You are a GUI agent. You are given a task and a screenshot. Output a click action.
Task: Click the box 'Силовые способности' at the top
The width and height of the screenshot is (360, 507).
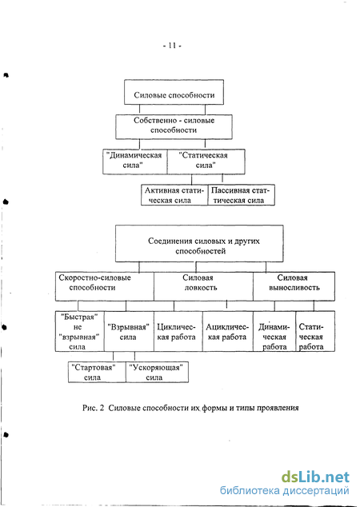point(174,92)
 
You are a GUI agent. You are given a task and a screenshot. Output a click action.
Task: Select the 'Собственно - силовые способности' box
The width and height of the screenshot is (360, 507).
point(174,126)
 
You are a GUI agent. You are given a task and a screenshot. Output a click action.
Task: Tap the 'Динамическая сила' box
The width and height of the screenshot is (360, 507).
point(135,162)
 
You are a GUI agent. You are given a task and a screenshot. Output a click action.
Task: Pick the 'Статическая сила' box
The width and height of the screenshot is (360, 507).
point(206,162)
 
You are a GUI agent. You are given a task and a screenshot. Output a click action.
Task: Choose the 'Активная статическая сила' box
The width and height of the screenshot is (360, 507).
point(174,195)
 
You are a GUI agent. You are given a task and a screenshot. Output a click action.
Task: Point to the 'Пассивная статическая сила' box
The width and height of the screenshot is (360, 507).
point(241,195)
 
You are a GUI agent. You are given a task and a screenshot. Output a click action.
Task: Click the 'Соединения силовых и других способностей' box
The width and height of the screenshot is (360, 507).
point(199,243)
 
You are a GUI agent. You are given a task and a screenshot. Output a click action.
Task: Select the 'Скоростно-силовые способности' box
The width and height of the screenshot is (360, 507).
point(105,286)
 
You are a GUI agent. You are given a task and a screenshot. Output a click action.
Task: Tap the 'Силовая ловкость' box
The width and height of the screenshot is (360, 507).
point(203,286)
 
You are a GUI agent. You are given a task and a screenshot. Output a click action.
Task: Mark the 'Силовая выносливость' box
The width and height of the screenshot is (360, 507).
point(294,286)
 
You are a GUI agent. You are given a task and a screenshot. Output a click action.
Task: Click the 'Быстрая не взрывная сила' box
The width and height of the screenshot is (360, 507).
point(79,331)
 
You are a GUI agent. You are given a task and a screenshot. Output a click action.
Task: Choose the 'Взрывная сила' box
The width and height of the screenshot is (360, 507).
point(129,331)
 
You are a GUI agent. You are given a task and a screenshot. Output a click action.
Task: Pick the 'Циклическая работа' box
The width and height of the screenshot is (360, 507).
point(178,331)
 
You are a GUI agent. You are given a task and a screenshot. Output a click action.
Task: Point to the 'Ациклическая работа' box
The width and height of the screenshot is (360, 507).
point(228,331)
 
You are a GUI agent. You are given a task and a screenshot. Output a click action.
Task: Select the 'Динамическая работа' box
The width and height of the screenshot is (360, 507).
point(274,331)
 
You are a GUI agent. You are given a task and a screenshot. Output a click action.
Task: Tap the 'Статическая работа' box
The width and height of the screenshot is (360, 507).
point(315,331)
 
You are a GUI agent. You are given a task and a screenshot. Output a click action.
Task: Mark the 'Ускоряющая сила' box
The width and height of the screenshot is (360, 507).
point(157,372)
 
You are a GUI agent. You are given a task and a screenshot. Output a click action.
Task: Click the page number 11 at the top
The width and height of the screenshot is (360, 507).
point(172,46)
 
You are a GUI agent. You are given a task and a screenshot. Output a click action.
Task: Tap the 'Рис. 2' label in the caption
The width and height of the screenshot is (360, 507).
point(93,408)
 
